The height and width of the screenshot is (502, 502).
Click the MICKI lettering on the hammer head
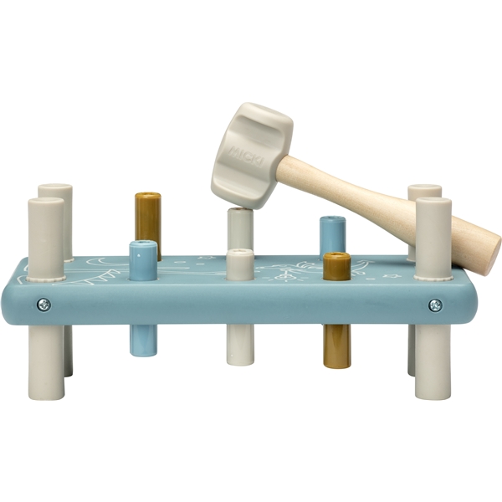click(245, 156)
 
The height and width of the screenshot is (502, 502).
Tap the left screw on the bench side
click(44, 305)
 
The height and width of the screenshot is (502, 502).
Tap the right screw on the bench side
click(435, 305)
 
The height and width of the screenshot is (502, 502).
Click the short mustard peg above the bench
click(336, 266)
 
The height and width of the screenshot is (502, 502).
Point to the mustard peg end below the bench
click(337, 346)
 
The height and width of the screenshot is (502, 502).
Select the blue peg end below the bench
click(143, 341)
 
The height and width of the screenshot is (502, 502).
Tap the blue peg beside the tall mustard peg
click(143, 260)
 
